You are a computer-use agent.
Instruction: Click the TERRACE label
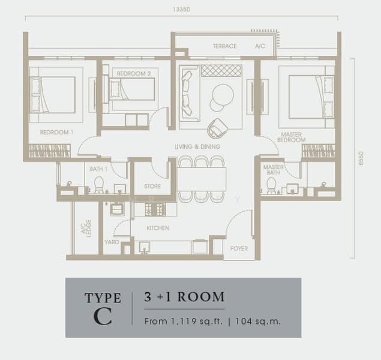point(224,46)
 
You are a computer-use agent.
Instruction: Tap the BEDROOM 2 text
point(134,74)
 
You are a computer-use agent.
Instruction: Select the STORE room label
point(152,187)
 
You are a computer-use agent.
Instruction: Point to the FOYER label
point(239,248)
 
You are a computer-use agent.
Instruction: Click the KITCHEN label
point(158,228)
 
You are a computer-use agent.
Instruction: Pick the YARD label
point(112,242)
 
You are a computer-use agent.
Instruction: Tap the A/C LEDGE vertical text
point(86,229)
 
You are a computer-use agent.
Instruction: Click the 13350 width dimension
point(182,10)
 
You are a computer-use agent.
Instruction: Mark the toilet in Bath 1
point(99,185)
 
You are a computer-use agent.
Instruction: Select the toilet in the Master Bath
point(271,185)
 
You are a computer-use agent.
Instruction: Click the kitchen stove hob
point(155,209)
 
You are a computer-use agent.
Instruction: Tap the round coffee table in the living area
point(223,95)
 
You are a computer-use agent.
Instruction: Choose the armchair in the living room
point(217,128)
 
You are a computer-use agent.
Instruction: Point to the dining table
point(202,179)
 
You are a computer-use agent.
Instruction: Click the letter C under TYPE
point(103,317)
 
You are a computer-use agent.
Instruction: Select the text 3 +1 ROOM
point(184,297)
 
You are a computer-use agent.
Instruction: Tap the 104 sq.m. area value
point(258,322)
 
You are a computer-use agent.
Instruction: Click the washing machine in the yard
point(117,208)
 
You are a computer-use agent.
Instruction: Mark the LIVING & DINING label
point(197,146)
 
